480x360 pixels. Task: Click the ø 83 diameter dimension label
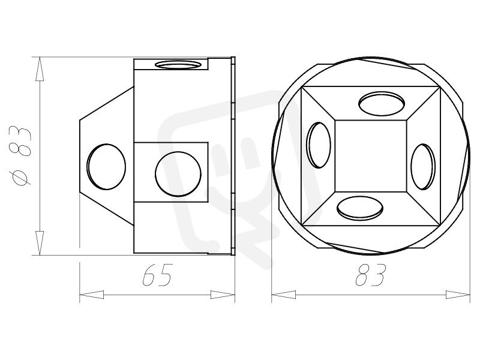(20, 155)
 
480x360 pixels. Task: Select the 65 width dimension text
(158, 275)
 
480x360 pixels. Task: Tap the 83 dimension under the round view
(370, 275)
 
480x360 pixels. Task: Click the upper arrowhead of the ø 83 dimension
(40, 69)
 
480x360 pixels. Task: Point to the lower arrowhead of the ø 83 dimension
(40, 243)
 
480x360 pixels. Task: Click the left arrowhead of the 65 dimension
(92, 295)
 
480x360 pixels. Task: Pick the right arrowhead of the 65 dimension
(223, 295)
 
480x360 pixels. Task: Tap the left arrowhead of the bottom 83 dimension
(284, 295)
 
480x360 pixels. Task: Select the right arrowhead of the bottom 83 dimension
(458, 295)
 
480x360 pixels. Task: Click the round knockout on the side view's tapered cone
(106, 167)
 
